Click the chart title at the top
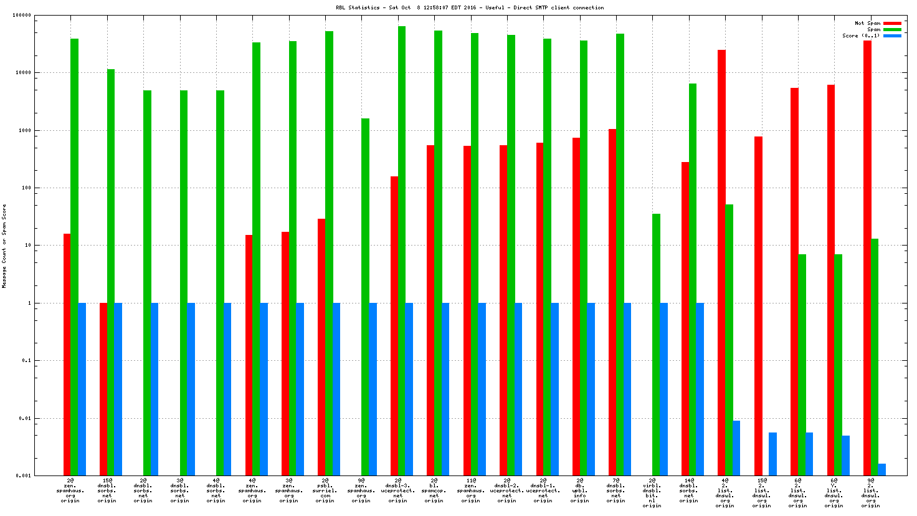tap(469, 7)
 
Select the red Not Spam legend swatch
tap(892, 23)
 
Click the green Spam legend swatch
tap(892, 29)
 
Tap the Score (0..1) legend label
tap(861, 36)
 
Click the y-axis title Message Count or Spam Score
tap(4, 246)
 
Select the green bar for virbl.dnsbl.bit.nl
tap(656, 344)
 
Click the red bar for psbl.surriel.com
tap(321, 346)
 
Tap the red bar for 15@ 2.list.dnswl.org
tap(758, 305)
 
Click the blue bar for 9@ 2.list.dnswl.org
tap(881, 469)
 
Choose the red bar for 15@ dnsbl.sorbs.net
tap(103, 389)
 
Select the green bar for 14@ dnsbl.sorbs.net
tap(692, 279)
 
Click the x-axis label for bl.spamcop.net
tap(434, 490)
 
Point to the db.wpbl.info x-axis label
tap(580, 490)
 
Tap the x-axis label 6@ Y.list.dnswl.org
tap(834, 490)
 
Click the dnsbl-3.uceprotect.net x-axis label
tap(398, 490)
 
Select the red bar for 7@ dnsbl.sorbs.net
tap(612, 302)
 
